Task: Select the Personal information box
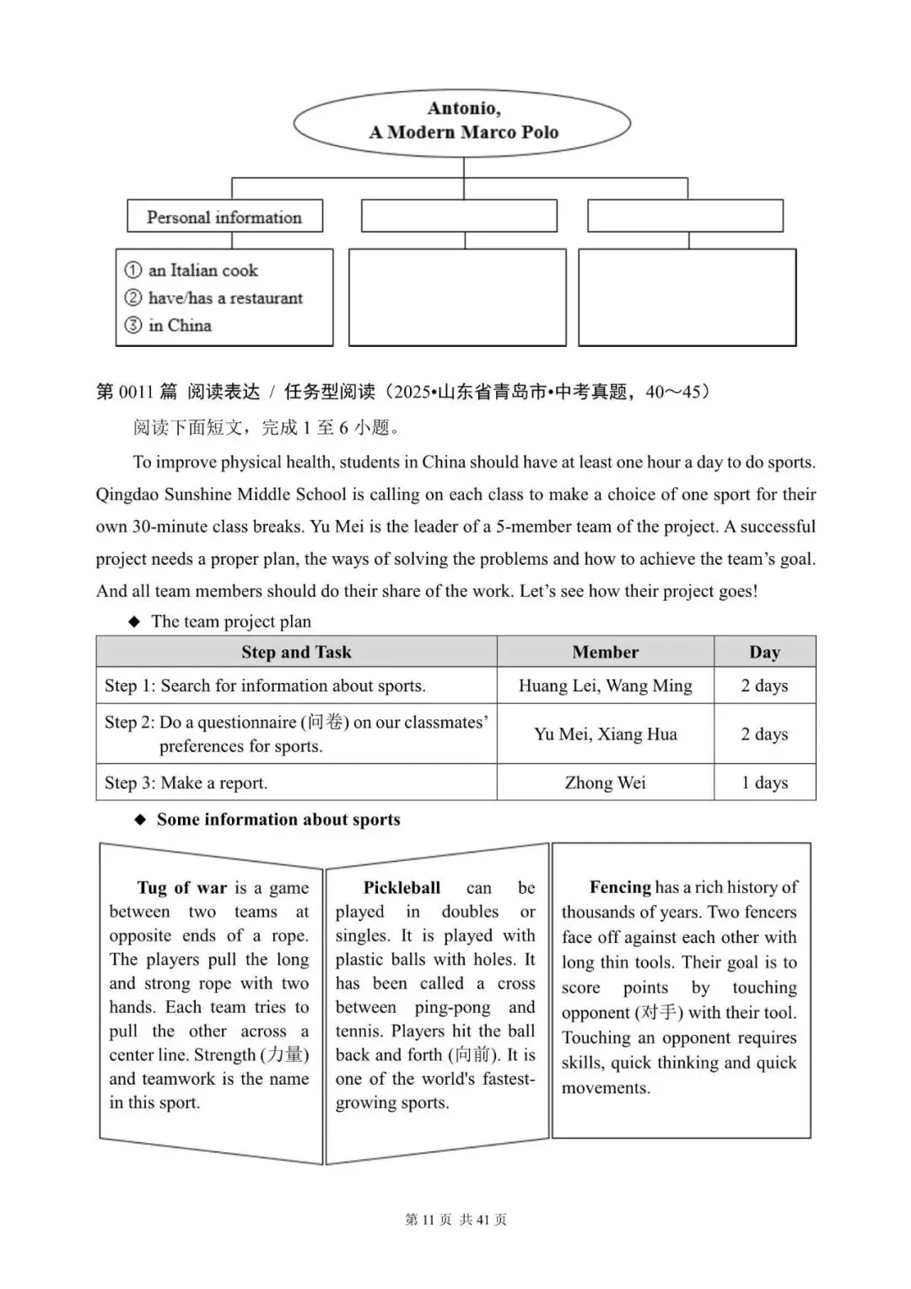click(x=224, y=217)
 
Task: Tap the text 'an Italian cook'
click(x=202, y=271)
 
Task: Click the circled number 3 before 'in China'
click(x=133, y=325)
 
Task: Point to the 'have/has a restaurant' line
click(x=224, y=298)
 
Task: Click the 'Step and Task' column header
click(x=296, y=652)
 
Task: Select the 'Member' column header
click(x=605, y=652)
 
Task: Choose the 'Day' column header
click(x=764, y=652)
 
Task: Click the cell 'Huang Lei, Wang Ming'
click(x=605, y=685)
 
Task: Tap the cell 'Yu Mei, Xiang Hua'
click(x=605, y=734)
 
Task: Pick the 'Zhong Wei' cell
click(x=605, y=783)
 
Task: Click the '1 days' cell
click(x=764, y=783)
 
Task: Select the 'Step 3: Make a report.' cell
click(x=186, y=783)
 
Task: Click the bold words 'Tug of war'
click(x=182, y=887)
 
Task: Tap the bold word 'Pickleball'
click(x=402, y=887)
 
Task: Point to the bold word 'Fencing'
click(x=620, y=887)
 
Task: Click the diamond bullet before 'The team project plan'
click(x=134, y=622)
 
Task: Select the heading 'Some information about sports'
click(x=278, y=820)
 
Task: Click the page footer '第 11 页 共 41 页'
click(x=455, y=1219)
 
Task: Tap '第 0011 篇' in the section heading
click(x=137, y=392)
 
